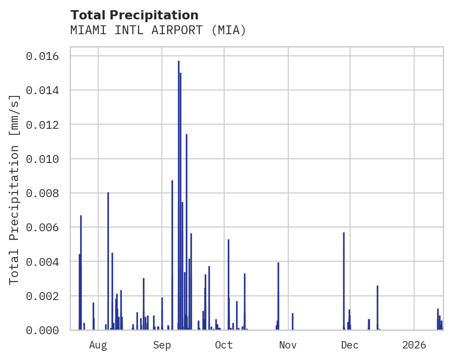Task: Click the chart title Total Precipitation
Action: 134,15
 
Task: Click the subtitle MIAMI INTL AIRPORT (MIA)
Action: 158,30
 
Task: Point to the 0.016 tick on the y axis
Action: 42,56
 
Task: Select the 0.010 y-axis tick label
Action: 42,159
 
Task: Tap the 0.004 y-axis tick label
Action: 42,262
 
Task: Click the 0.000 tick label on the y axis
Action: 42,330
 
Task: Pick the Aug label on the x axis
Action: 98,345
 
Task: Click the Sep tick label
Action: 162,345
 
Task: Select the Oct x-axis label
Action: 224,345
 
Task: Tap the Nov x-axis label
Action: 288,345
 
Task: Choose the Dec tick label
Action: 350,345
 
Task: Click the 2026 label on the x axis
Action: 414,345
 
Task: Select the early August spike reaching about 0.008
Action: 108,258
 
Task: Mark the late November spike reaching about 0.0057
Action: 344,277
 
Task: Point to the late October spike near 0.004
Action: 278,295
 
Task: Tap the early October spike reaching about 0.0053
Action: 228,282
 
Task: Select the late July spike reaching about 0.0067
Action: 81,272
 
